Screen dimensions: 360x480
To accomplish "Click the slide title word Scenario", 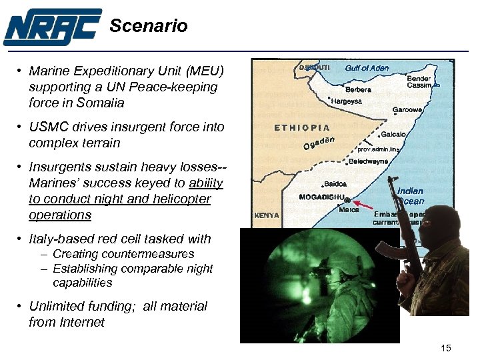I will coord(148,26).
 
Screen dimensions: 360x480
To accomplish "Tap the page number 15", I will coord(446,348).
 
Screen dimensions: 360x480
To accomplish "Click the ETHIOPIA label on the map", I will coord(302,127).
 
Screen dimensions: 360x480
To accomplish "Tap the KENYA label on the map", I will coord(267,215).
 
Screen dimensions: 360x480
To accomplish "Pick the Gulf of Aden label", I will coord(367,68).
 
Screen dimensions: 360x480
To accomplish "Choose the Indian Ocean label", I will coord(410,196).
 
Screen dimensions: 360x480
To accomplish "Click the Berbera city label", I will coord(358,89).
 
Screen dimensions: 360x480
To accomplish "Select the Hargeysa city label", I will coord(347,102).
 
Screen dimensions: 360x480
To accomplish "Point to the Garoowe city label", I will coord(406,110).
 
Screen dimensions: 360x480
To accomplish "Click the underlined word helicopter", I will coord(173,199).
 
